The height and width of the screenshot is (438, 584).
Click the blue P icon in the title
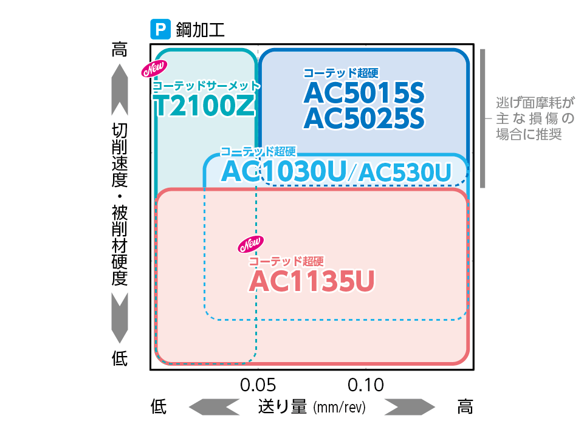tap(160, 29)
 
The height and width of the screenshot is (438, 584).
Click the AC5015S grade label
tap(363, 92)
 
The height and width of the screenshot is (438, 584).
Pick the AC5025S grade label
tap(363, 118)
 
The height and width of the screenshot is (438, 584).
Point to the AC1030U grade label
tap(284, 171)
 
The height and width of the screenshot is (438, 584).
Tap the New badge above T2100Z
tap(154, 69)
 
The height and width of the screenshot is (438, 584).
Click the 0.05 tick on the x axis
tap(258, 385)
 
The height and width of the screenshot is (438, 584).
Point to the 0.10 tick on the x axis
tap(366, 385)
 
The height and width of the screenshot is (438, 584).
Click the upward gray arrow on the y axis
tap(120, 88)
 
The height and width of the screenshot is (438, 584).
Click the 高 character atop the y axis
tap(120, 50)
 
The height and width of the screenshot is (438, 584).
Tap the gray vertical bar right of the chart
tap(483, 118)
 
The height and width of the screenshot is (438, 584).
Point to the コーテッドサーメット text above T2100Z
tap(207, 86)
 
